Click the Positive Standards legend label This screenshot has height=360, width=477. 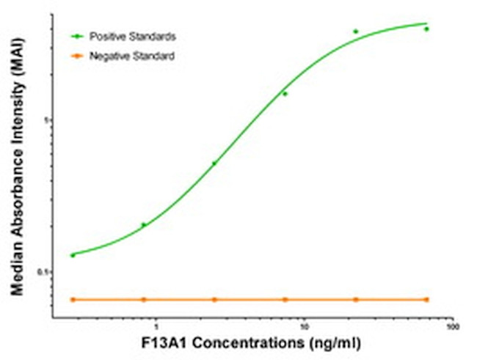pyautogui.click(x=132, y=35)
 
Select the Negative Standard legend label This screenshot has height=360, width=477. pyautogui.click(x=131, y=56)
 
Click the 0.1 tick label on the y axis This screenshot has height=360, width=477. pyautogui.click(x=42, y=272)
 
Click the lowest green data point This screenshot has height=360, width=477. pyautogui.click(x=73, y=255)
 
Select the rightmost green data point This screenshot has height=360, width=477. pyautogui.click(x=426, y=29)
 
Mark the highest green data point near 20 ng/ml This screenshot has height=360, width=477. pyautogui.click(x=356, y=32)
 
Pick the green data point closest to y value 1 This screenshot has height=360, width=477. pyautogui.click(x=285, y=94)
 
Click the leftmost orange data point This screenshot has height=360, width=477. pyautogui.click(x=73, y=299)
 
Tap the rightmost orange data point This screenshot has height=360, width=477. pyautogui.click(x=426, y=299)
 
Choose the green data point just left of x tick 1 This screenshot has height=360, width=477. pyautogui.click(x=144, y=224)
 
